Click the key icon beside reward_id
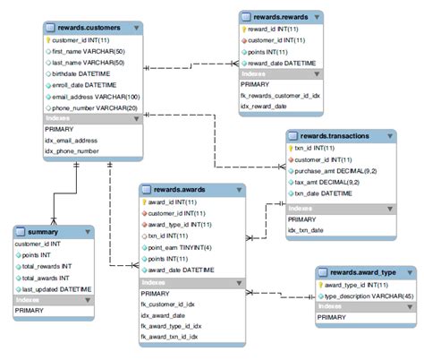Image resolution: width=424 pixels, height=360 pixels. tap(245, 28)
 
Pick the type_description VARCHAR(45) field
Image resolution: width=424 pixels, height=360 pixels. tap(366, 296)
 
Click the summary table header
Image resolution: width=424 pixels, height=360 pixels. tap(43, 230)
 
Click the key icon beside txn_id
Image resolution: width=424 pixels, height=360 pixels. tap(291, 148)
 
